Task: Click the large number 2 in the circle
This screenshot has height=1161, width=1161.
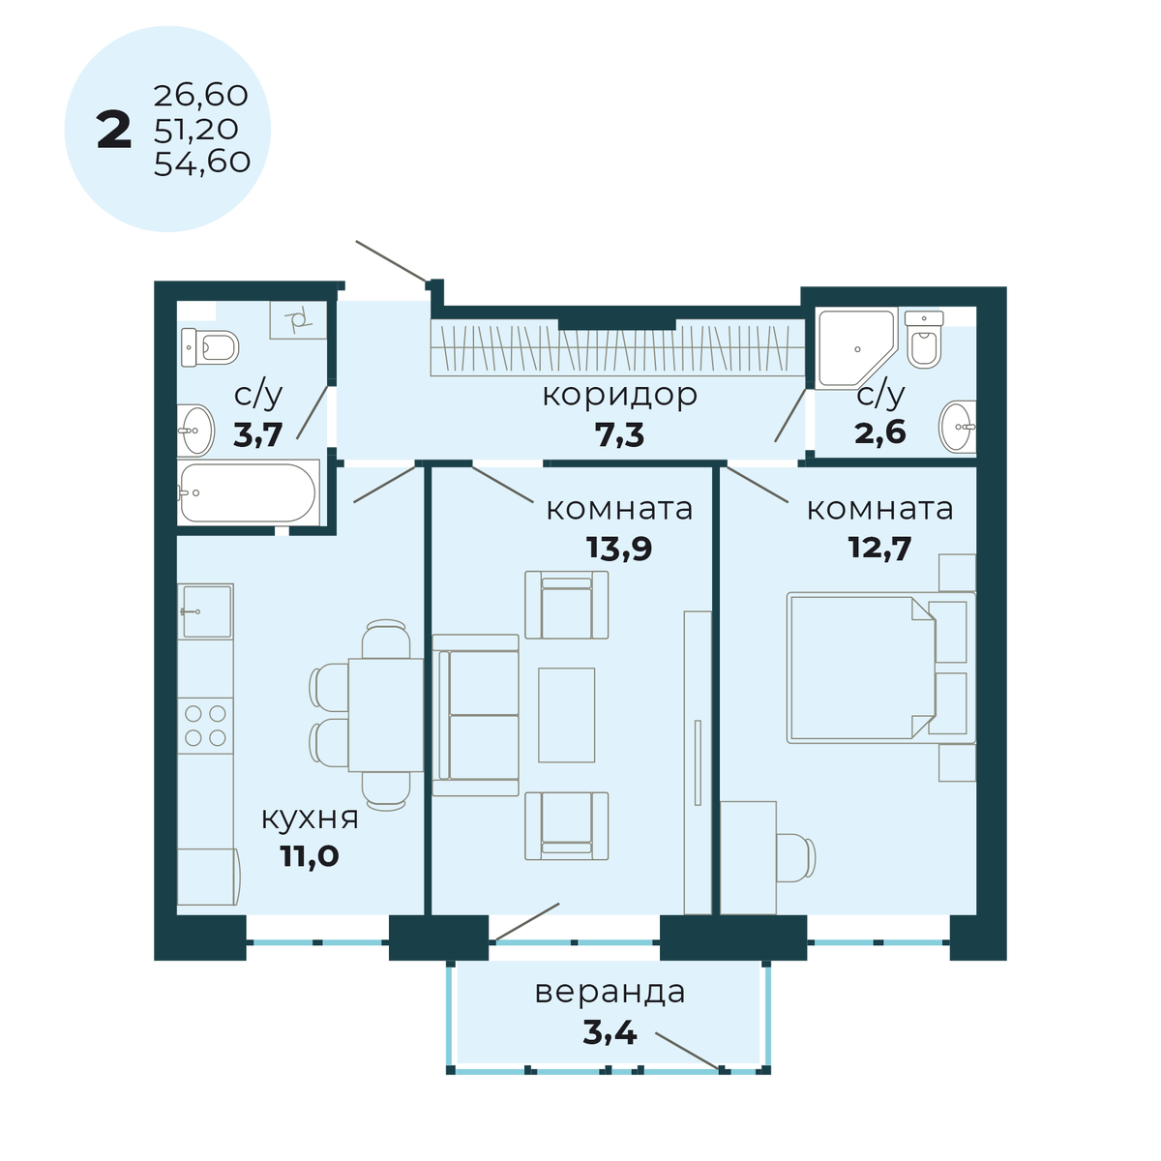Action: coord(114,131)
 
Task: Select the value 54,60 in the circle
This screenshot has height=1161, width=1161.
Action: coord(201,162)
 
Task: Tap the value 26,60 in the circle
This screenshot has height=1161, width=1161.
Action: coord(200,96)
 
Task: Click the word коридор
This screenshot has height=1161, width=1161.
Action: coord(619,395)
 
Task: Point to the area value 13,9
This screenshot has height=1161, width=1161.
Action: coord(619,549)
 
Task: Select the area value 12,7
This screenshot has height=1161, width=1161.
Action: coord(879,547)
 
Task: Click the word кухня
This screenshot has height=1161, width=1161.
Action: coord(310,818)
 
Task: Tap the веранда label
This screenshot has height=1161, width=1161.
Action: coord(610,992)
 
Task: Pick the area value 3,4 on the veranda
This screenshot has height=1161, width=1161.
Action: coord(610,1032)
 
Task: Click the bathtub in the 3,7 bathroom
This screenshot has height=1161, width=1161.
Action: coord(248,493)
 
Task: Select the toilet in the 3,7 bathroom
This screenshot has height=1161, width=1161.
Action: coord(210,346)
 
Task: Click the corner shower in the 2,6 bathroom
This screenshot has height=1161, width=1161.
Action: coord(852,347)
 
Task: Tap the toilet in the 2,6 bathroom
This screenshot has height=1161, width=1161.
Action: coord(924,342)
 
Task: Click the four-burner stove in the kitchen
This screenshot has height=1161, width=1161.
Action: coord(205,725)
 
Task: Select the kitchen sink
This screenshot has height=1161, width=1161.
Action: coord(206,611)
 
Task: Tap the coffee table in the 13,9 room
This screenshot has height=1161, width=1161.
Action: coord(566,715)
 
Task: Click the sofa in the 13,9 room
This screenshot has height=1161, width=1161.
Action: coord(476,715)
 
